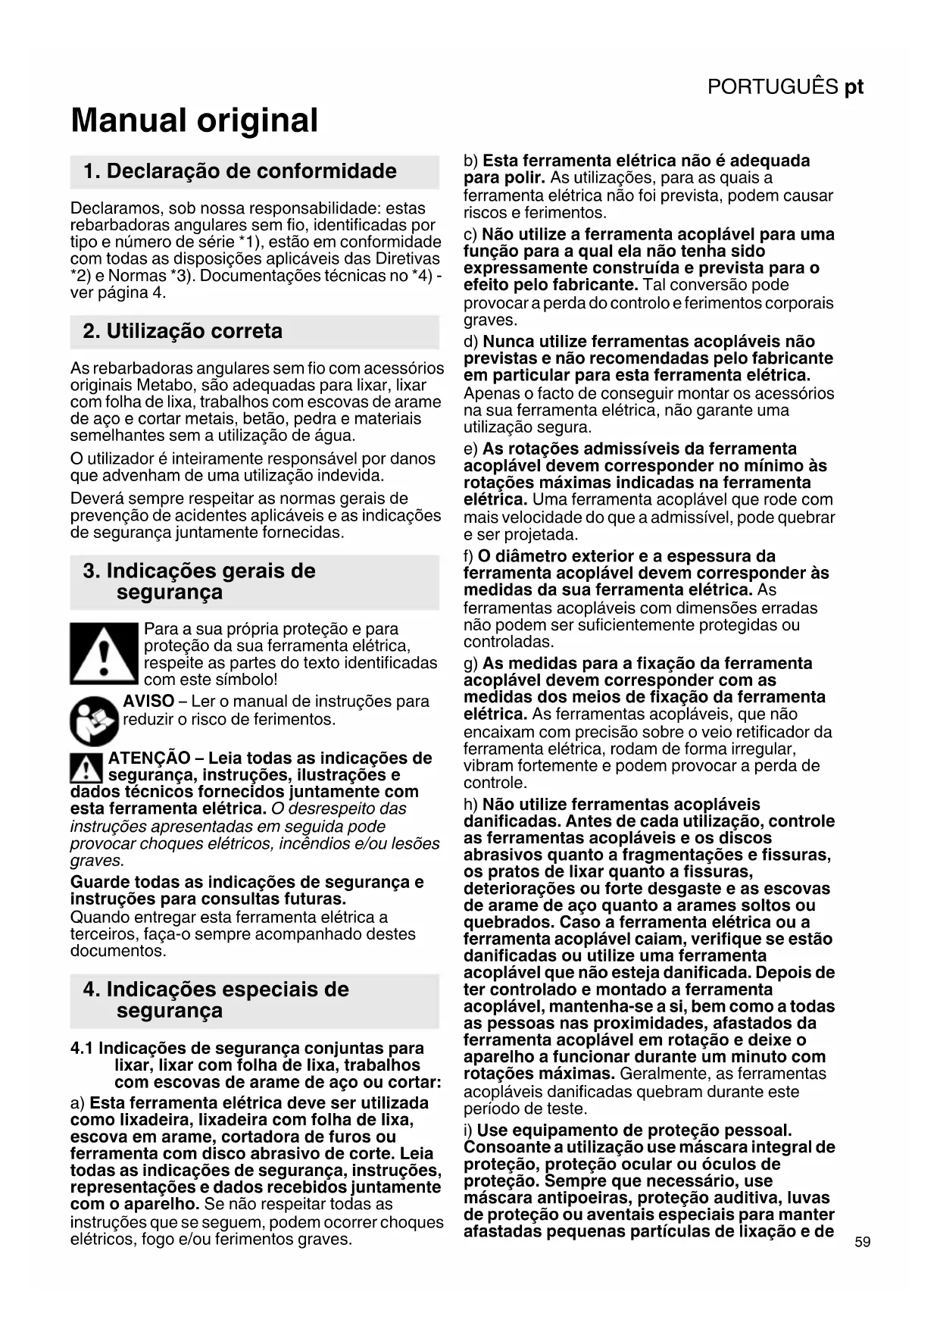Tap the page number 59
pyautogui.click(x=862, y=1242)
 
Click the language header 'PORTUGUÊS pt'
pyautogui.click(x=785, y=87)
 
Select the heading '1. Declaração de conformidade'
pyautogui.click(x=240, y=171)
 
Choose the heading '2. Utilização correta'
pyautogui.click(x=183, y=331)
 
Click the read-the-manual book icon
pyautogui.click(x=95, y=721)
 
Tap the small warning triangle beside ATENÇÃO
pyautogui.click(x=86, y=769)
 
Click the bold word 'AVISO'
pyautogui.click(x=148, y=702)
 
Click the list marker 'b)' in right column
pyautogui.click(x=471, y=161)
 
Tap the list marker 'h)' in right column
pyautogui.click(x=471, y=805)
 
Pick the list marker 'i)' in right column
pyautogui.click(x=468, y=1130)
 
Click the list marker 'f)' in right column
pyautogui.click(x=468, y=557)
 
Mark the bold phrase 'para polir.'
pyautogui.click(x=504, y=178)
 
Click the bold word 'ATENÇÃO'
pyautogui.click(x=149, y=758)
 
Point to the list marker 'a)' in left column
pyautogui.click(x=78, y=1103)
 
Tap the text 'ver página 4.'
pyautogui.click(x=118, y=293)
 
